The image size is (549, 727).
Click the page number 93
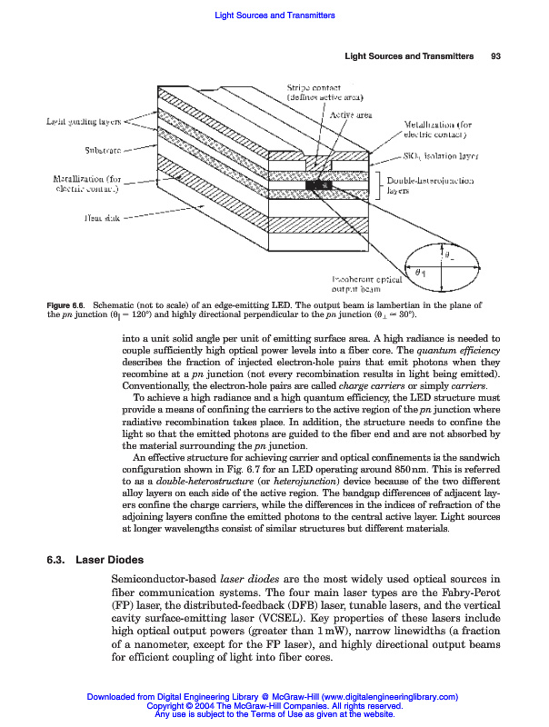click(x=496, y=57)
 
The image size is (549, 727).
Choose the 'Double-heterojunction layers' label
click(x=431, y=186)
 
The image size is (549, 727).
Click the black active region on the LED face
click(x=321, y=185)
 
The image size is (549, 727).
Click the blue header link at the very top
click(x=274, y=15)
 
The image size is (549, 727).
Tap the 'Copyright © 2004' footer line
click(x=274, y=706)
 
